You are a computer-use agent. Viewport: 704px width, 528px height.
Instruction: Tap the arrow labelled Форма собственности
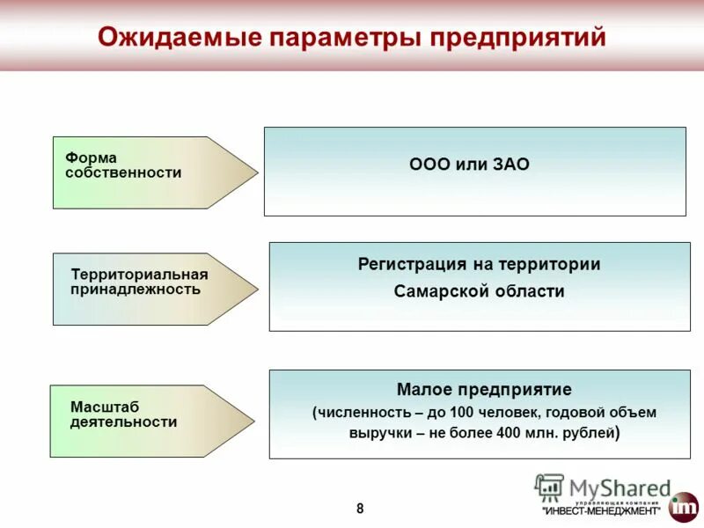[141, 172]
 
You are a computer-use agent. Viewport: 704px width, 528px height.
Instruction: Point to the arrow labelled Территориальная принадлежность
[141, 289]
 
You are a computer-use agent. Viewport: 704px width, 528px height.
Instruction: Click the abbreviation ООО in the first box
[430, 165]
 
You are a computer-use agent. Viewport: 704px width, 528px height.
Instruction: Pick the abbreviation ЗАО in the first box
[510, 165]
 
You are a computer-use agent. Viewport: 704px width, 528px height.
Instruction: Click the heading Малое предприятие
[484, 389]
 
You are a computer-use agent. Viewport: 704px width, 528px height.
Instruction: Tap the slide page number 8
[359, 508]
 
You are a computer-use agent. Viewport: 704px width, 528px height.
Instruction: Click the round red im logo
[683, 507]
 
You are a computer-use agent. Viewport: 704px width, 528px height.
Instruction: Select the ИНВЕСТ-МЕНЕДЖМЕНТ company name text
[601, 511]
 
